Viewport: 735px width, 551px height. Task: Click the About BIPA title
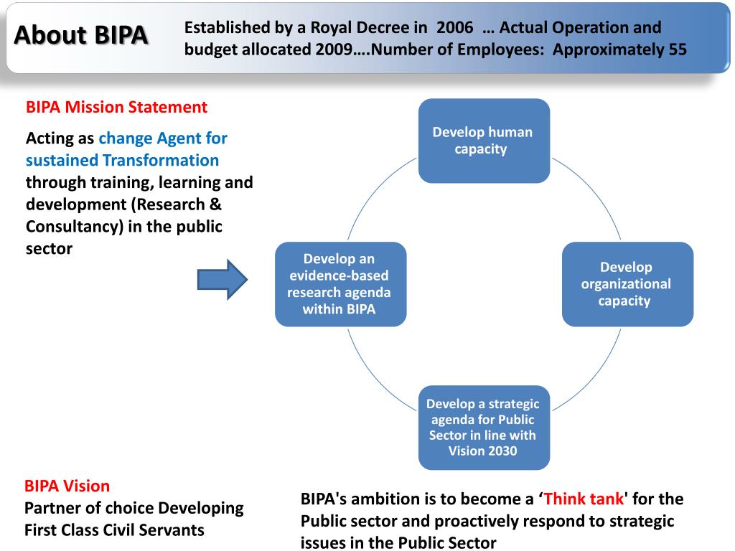click(82, 34)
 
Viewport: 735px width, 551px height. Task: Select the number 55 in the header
click(678, 50)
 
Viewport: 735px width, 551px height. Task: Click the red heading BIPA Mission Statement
click(116, 108)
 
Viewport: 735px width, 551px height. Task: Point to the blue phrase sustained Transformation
click(122, 160)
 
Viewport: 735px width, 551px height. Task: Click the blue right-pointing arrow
click(222, 279)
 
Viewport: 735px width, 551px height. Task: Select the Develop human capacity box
click(484, 141)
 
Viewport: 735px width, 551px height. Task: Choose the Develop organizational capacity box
click(627, 284)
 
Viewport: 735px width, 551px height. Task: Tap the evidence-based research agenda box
click(340, 284)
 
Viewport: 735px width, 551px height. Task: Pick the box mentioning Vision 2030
click(484, 428)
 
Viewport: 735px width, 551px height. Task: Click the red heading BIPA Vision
click(67, 486)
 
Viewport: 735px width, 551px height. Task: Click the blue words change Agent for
click(163, 138)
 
